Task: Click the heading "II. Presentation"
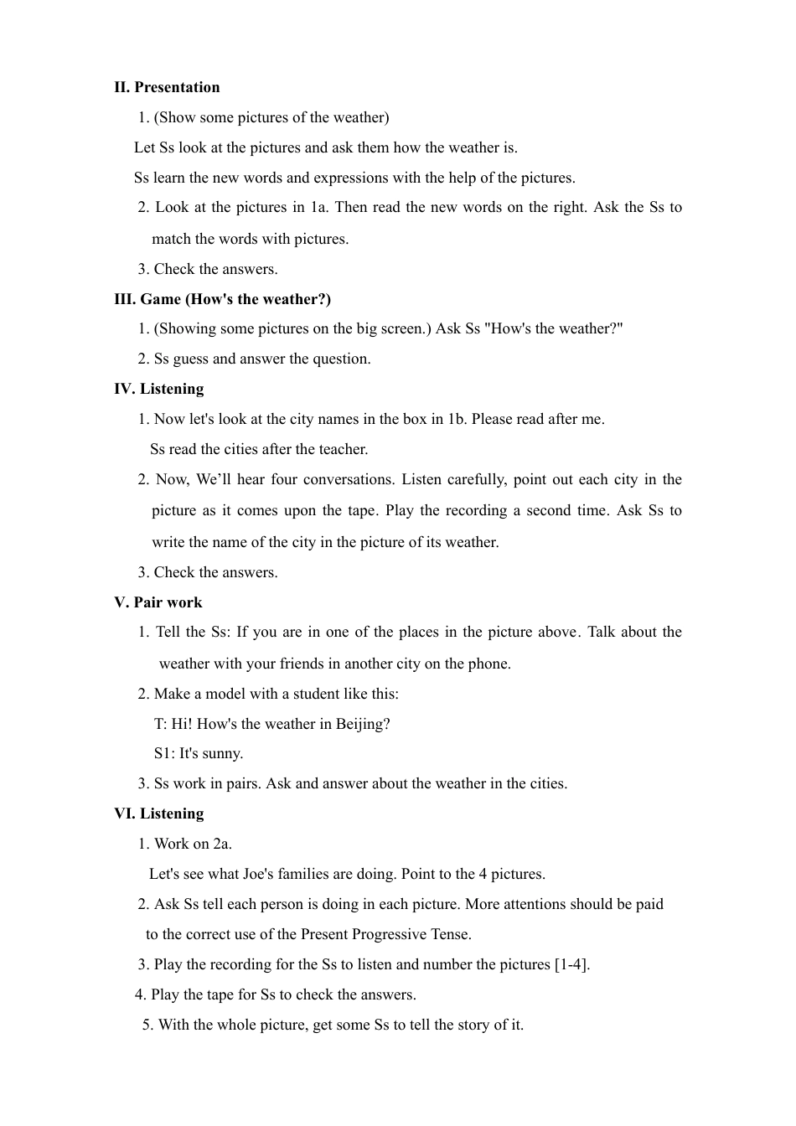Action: click(167, 87)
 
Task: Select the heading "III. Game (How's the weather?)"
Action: click(222, 299)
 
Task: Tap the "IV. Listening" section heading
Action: click(158, 389)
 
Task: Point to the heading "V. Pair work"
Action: click(158, 602)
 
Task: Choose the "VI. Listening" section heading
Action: click(158, 814)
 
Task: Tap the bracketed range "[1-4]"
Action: click(571, 964)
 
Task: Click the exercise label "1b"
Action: click(457, 419)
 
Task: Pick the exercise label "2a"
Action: click(222, 844)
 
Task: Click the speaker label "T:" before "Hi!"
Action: click(161, 724)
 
